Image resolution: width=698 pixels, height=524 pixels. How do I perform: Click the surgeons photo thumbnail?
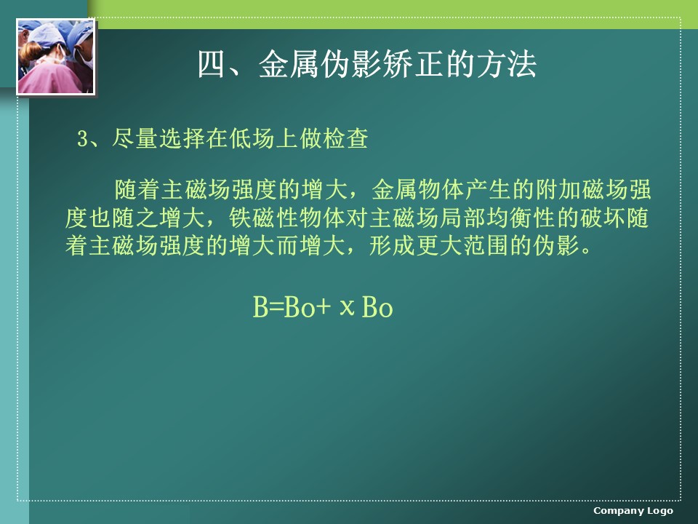coord(56,57)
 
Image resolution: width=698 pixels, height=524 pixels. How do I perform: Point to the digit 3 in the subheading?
coord(82,138)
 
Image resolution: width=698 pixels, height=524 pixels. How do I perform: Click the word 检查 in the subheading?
coord(345,138)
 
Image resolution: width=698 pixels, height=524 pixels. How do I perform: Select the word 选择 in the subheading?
coord(182,138)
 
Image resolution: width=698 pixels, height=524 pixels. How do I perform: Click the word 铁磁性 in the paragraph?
coord(264,218)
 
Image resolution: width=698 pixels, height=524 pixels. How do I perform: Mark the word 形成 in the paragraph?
coord(393,245)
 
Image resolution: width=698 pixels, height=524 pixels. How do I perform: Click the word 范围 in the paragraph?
coord(486,245)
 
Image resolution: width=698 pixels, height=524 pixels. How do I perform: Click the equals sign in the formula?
coord(276,307)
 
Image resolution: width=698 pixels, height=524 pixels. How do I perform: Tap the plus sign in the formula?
coord(324,307)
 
